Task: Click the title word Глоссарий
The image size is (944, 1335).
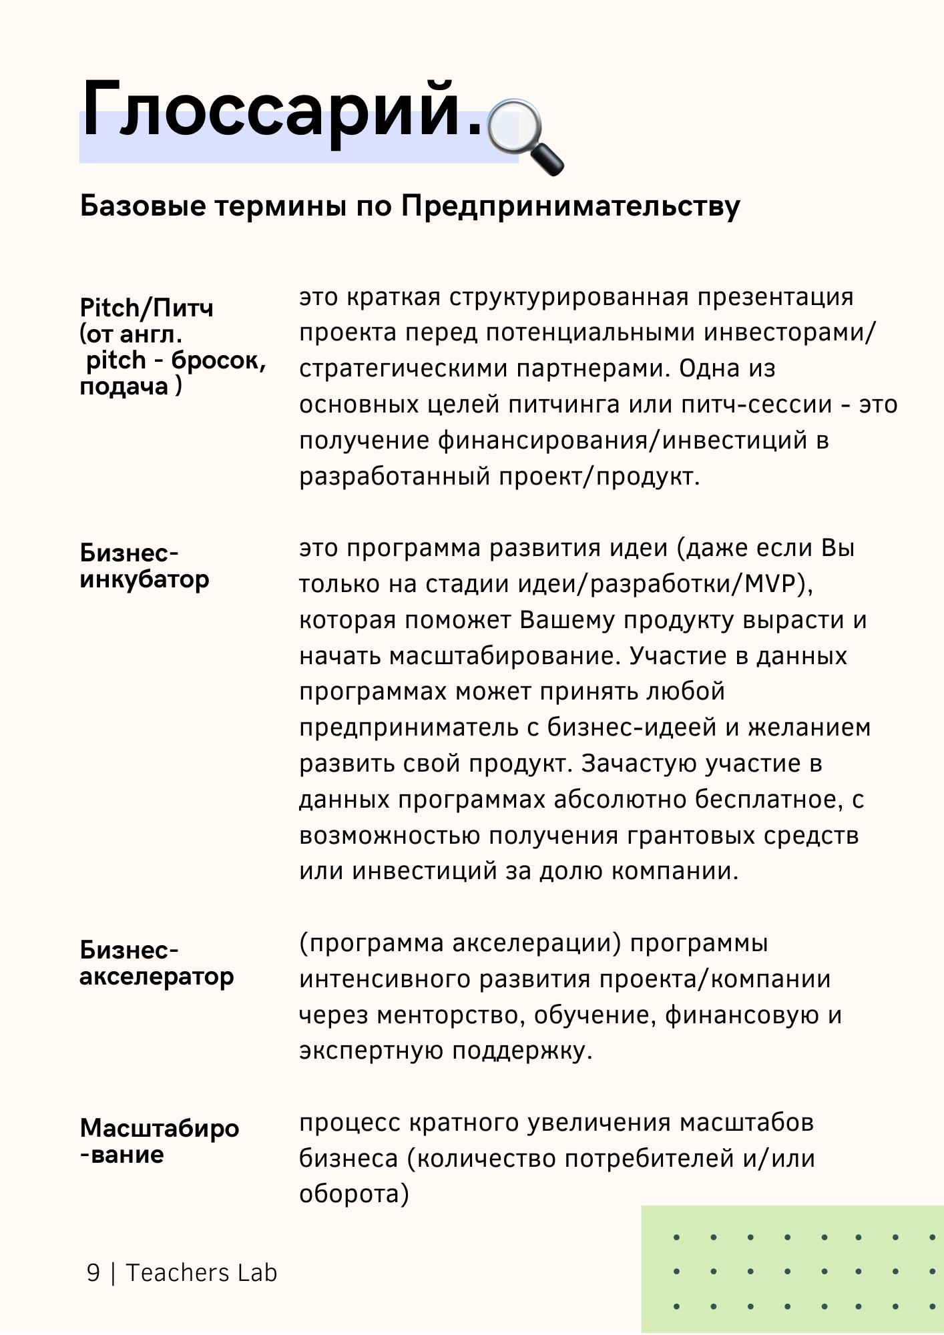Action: pos(280,110)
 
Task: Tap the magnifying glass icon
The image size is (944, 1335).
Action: pos(525,136)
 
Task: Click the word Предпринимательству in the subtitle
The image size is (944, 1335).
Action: pos(571,206)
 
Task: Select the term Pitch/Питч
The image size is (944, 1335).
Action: pos(146,308)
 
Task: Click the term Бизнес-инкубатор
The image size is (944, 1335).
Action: pos(144,566)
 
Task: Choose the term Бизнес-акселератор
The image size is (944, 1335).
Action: pos(156,963)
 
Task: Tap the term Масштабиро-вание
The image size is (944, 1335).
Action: pos(159,1141)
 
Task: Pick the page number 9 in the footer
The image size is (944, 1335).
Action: pos(93,1273)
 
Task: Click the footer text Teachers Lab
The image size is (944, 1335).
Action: pos(201,1273)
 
